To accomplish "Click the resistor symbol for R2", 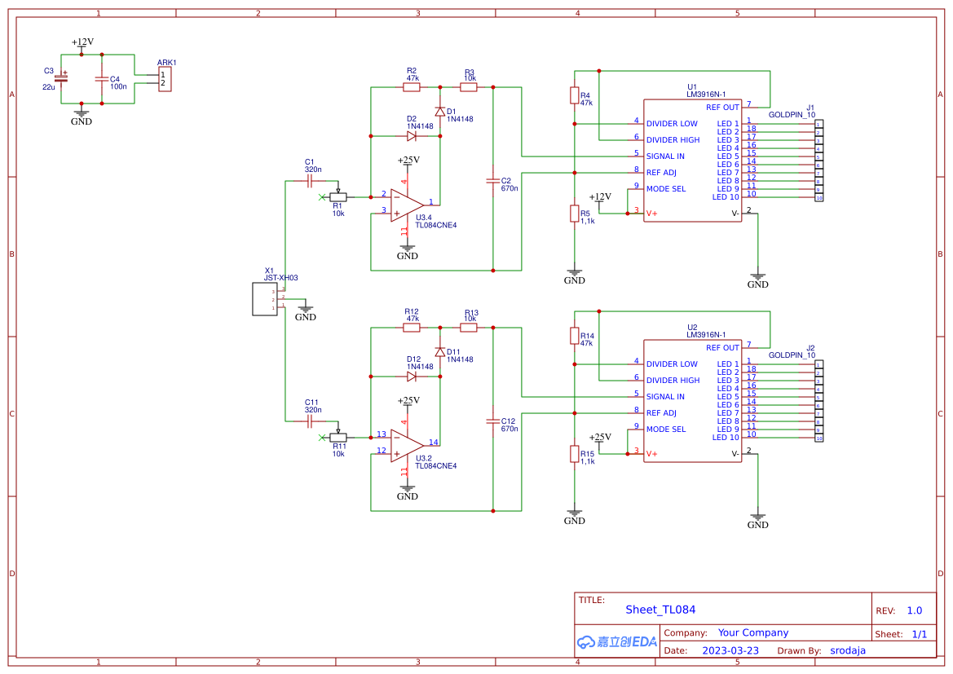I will (412, 86).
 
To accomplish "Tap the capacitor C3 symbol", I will (61, 79).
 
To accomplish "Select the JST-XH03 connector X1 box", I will (267, 299).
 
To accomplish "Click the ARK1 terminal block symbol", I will (165, 79).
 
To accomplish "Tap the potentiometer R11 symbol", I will (338, 437).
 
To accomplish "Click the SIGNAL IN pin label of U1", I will (665, 156).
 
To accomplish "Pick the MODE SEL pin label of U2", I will (666, 430).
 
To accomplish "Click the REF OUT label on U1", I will (722, 108).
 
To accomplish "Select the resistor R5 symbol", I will (575, 214).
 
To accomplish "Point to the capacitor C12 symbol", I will (492, 421).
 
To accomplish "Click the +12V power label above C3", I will (82, 42).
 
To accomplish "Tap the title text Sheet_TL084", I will (660, 610).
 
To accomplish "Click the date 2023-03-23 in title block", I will (730, 650).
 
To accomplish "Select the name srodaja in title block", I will (848, 650).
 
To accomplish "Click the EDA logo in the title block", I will (617, 641).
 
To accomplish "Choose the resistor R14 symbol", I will (575, 337).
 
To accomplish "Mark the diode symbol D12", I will (412, 377).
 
